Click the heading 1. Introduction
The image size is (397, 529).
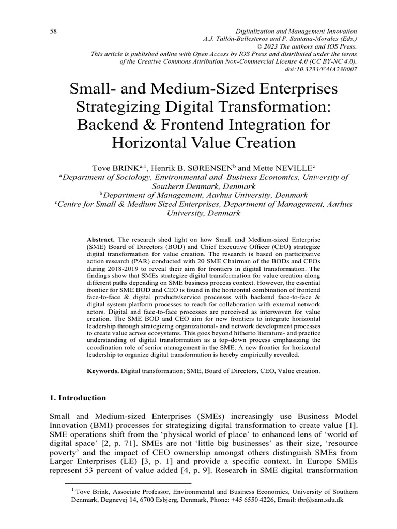click(78, 398)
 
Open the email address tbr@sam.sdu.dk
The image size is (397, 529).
click(314, 501)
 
